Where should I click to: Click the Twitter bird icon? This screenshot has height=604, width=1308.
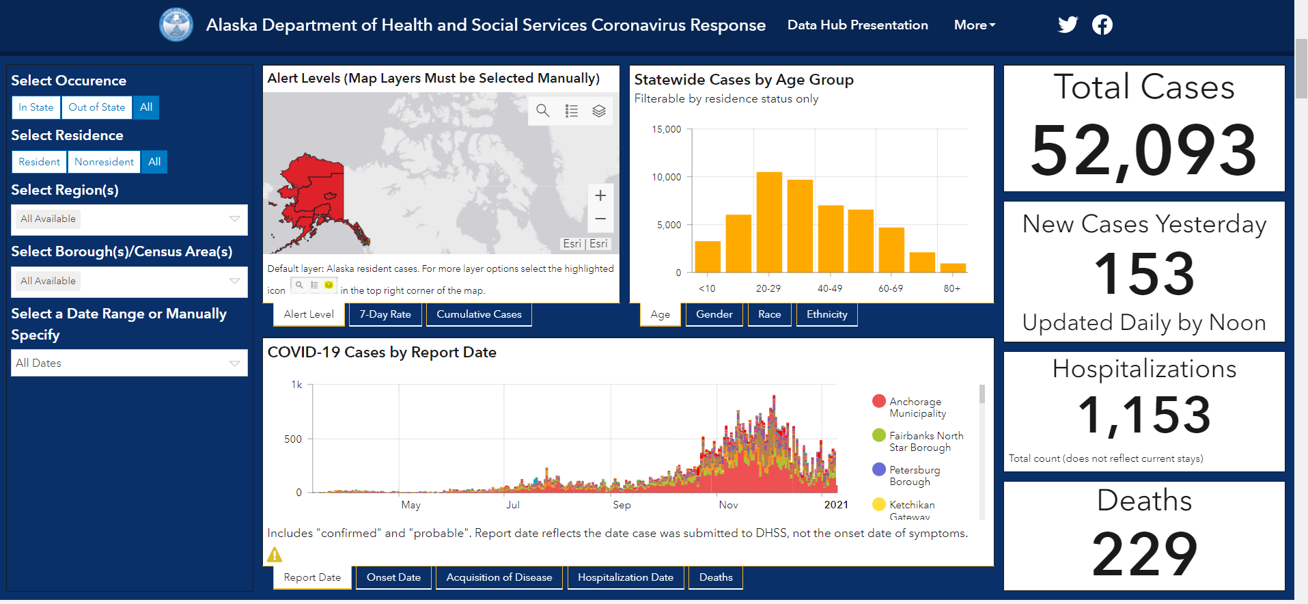pos(1068,25)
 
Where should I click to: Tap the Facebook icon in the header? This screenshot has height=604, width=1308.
pos(1102,25)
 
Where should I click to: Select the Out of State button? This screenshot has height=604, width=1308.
pos(97,107)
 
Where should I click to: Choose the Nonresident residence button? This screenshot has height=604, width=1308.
pos(104,162)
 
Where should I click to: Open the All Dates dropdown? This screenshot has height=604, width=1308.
pos(129,363)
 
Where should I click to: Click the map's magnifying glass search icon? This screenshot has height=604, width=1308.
pos(543,111)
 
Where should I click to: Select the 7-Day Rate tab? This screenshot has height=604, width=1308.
pos(385,314)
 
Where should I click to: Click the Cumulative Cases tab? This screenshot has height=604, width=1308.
pos(479,314)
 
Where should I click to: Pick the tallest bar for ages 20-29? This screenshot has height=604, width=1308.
pos(769,222)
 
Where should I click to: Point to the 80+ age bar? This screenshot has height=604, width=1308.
pos(953,268)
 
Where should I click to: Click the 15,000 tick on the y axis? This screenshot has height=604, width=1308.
pos(666,129)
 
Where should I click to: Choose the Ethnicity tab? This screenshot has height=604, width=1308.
pos(826,314)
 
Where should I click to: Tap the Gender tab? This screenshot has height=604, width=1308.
pos(714,314)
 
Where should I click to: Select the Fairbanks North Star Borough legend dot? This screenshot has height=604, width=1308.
pos(879,435)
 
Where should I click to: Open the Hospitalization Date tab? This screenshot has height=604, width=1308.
pos(626,577)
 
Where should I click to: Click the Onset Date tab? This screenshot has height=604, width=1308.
pos(393,577)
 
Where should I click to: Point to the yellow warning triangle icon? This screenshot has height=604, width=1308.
pos(275,555)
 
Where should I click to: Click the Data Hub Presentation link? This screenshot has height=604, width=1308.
pos(857,25)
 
